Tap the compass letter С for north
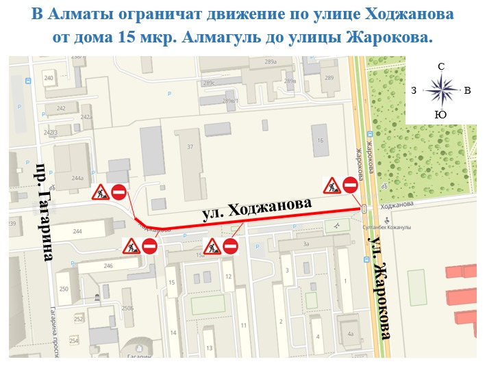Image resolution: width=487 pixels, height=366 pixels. click(441, 67)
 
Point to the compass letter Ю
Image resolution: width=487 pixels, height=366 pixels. click(441, 115)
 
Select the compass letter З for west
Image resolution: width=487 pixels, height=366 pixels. click(414, 90)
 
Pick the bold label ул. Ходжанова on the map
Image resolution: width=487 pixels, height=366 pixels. click(258, 209)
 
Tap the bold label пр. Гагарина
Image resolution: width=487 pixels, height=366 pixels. click(44, 212)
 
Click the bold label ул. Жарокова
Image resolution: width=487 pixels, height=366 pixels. click(380, 287)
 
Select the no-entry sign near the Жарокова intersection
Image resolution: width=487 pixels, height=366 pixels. click(351, 185)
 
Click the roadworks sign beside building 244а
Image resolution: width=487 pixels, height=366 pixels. click(101, 192)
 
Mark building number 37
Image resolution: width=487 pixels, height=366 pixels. click(190, 147)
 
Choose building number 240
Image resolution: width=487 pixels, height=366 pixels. click(49, 79)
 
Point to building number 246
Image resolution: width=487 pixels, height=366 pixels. click(108, 265)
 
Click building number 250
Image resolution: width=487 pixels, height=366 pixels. click(64, 290)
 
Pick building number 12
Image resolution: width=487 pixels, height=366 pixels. click(228, 276)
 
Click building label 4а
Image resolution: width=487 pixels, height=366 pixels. click(350, 334)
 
